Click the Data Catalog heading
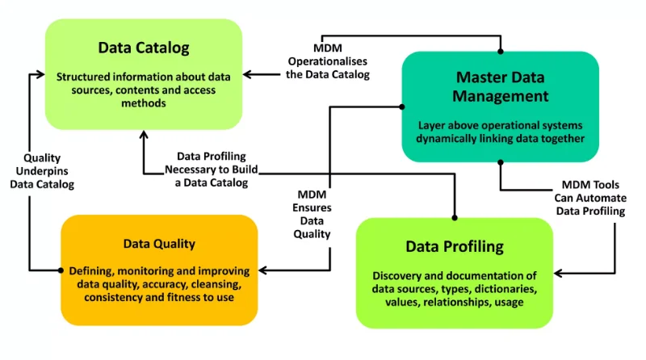coord(144,48)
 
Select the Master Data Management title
coord(500,86)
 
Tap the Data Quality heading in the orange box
coord(159,244)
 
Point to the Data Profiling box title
coord(455,247)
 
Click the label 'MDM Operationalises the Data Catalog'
coord(328,61)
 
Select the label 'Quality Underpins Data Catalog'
coord(42,171)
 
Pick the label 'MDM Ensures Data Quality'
coord(312,214)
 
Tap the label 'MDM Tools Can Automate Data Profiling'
coord(590,198)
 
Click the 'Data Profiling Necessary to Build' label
coord(212,163)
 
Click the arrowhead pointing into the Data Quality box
coord(262,270)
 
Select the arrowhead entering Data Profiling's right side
coord(558,273)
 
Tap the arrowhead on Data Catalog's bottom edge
coord(144,135)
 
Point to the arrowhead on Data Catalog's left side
coord(40,74)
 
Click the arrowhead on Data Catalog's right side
coord(247,74)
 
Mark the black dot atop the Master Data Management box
coord(501,52)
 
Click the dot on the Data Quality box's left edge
coord(61,270)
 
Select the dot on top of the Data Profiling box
coord(455,218)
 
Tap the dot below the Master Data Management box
coord(501,162)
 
